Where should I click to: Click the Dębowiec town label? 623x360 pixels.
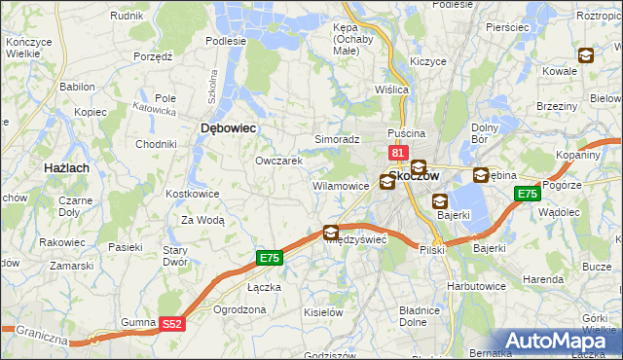[x=227, y=127]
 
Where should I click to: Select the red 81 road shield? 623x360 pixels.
[x=397, y=154]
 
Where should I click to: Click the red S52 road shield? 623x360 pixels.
[x=171, y=324]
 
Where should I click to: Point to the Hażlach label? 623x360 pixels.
[x=67, y=168]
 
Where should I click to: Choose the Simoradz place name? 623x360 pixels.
[x=337, y=140]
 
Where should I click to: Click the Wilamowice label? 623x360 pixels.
[x=340, y=185]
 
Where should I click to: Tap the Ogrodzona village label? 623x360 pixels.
[x=238, y=309]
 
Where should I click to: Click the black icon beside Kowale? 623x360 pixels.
[x=585, y=56]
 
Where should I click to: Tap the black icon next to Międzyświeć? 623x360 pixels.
[x=331, y=233]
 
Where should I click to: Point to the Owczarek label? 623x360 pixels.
[x=279, y=161]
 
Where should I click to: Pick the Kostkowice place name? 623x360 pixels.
[x=193, y=195]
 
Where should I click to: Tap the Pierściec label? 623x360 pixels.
[x=510, y=28]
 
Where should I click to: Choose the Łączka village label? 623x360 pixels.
[x=264, y=287]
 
